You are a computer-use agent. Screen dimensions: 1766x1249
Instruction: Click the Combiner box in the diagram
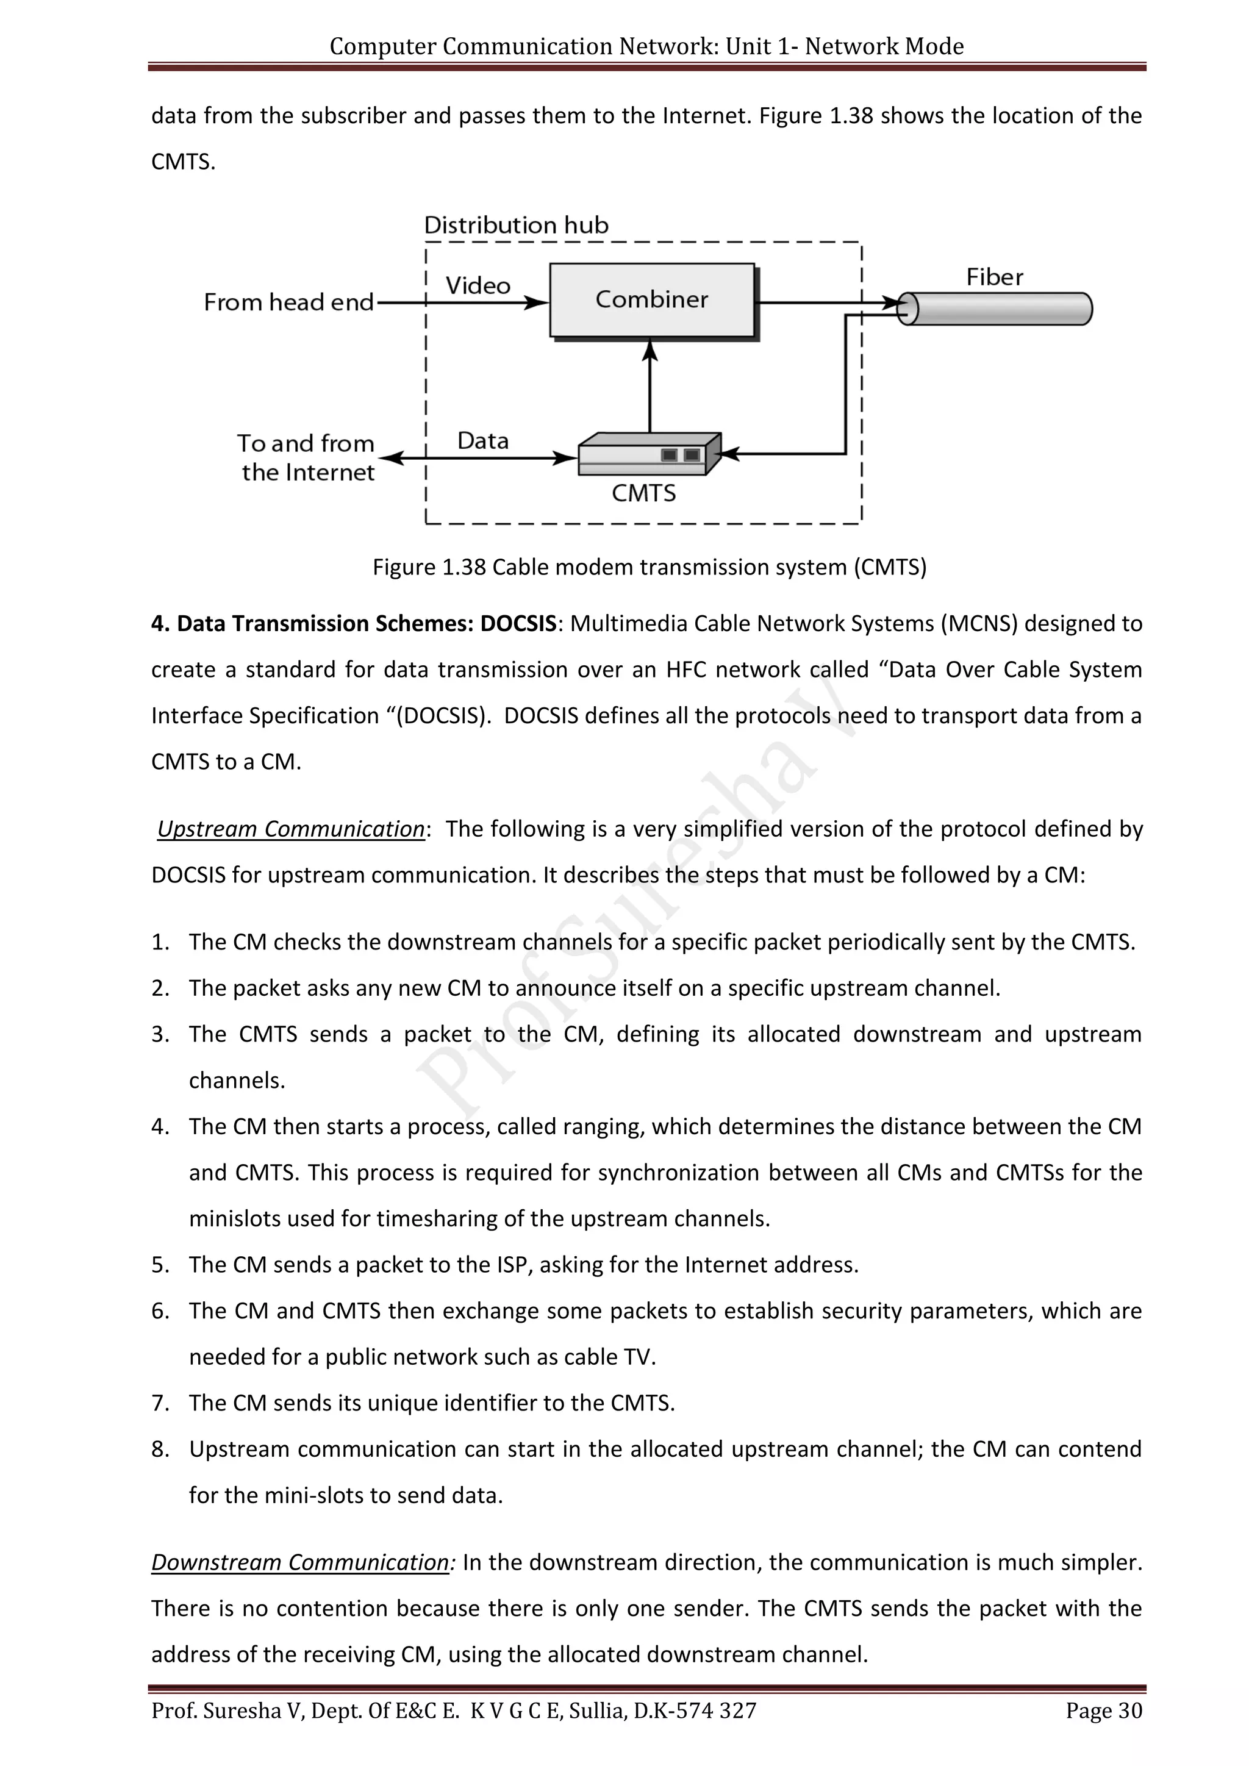point(651,300)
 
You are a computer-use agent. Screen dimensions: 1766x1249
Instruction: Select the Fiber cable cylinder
point(995,309)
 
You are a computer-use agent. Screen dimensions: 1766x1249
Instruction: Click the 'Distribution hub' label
point(516,226)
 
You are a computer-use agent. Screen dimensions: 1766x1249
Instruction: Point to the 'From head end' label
point(288,302)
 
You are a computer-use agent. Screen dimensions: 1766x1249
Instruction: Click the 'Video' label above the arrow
point(478,286)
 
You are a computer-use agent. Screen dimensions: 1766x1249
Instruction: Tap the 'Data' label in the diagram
point(483,441)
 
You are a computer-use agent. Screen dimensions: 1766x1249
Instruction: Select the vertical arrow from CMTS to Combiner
point(650,388)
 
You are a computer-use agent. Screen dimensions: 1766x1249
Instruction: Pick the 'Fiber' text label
point(995,277)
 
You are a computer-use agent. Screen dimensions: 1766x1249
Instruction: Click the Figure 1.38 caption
point(649,567)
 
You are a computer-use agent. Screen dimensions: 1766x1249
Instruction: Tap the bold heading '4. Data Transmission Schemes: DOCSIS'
point(354,623)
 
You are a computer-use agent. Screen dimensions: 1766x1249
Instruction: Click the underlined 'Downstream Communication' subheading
point(300,1562)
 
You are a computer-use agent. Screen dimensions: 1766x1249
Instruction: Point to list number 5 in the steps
point(160,1265)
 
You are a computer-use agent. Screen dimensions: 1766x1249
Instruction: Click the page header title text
point(646,46)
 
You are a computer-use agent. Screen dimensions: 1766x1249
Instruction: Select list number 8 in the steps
point(160,1449)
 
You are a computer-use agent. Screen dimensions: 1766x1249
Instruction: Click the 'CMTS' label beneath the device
point(644,493)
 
